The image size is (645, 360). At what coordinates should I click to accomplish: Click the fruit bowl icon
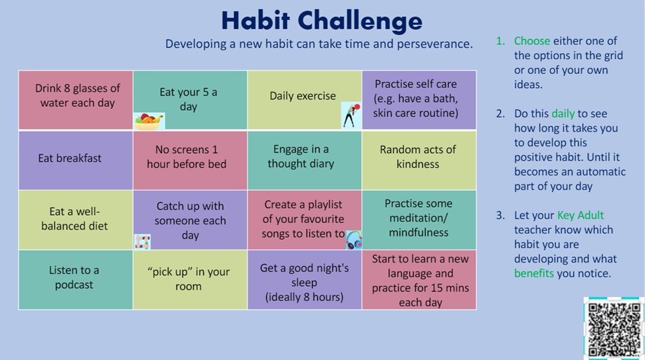tap(148, 121)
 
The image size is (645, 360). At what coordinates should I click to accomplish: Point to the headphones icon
tap(354, 240)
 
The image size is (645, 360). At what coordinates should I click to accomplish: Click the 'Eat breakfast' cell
tap(75, 159)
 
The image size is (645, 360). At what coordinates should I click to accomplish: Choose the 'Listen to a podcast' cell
tap(75, 278)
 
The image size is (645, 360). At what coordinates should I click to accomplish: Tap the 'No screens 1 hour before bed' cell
tap(190, 157)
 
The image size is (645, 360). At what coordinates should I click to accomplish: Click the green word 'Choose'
tap(532, 41)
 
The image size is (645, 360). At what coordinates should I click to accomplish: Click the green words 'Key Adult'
tap(580, 216)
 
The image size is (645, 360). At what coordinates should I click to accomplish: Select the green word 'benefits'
tap(535, 273)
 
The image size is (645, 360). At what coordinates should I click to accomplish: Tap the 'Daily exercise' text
tap(302, 96)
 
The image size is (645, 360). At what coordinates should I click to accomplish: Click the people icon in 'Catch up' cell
tap(142, 241)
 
